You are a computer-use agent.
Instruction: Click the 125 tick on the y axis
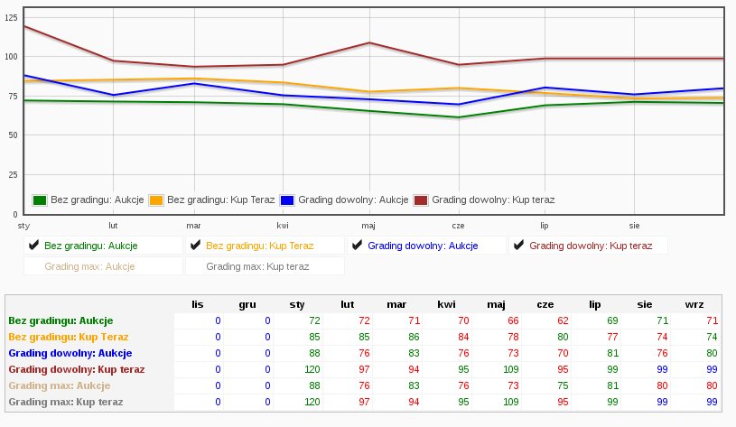point(11,18)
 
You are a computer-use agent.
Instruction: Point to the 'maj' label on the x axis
point(368,226)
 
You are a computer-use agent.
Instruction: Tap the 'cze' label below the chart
point(458,226)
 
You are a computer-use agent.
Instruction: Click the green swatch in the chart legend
point(40,200)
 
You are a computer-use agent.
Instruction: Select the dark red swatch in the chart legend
point(421,200)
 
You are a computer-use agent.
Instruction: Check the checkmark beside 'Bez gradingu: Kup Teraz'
point(194,245)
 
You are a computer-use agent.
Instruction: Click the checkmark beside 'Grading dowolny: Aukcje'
point(357,245)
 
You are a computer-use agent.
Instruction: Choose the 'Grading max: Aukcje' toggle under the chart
point(89,266)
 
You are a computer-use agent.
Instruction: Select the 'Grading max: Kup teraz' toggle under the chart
point(257,266)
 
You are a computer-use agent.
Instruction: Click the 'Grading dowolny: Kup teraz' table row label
point(76,369)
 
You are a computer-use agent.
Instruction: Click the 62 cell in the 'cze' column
point(562,320)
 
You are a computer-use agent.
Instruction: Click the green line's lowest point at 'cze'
point(458,117)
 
